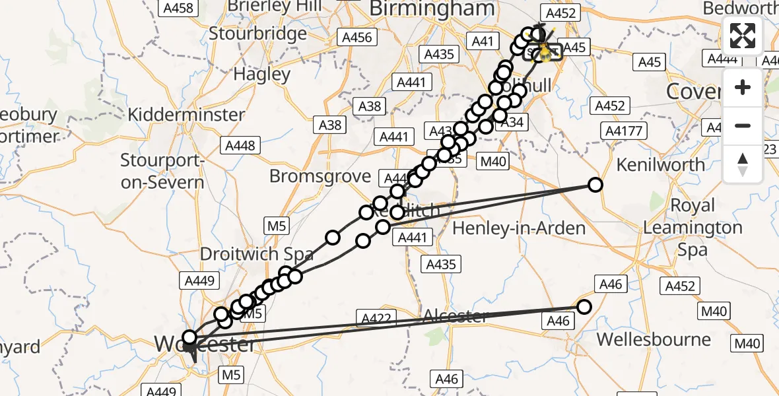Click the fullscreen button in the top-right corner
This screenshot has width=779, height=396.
tap(743, 36)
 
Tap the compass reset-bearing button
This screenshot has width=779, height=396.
tap(743, 164)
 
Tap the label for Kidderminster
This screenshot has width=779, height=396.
tap(186, 114)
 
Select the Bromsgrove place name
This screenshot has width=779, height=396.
tap(320, 176)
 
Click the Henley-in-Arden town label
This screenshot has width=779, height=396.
tap(520, 228)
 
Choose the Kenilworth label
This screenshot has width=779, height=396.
tap(661, 164)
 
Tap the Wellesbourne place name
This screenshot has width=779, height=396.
tap(654, 340)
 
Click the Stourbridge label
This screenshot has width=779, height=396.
tap(257, 33)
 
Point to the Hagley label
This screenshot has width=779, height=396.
tap(262, 74)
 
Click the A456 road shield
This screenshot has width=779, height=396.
tap(356, 38)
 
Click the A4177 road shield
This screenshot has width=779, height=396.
tap(623, 131)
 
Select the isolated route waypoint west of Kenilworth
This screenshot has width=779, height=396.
tap(595, 185)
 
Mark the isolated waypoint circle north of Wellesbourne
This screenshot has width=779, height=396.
tap(584, 306)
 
